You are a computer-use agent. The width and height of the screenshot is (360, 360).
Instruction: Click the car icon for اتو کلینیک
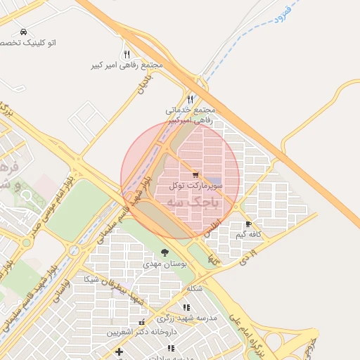24,32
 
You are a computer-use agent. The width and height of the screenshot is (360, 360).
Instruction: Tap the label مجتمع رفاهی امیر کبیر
127,65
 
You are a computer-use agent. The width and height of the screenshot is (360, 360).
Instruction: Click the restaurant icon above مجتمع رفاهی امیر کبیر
127,54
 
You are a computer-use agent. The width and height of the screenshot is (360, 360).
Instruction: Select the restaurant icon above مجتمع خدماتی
190,99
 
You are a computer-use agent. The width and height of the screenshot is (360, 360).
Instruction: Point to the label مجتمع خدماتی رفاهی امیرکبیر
190,115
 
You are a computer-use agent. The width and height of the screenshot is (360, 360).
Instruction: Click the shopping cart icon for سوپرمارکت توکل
195,175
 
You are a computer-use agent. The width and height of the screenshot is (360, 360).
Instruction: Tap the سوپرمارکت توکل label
195,185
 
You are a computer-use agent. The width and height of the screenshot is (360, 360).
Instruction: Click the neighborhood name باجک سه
193,202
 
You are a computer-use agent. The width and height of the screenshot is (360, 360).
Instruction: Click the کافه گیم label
249,233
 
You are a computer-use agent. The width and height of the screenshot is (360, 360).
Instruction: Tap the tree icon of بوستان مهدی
165,252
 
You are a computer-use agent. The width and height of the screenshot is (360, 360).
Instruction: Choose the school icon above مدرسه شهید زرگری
186,307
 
